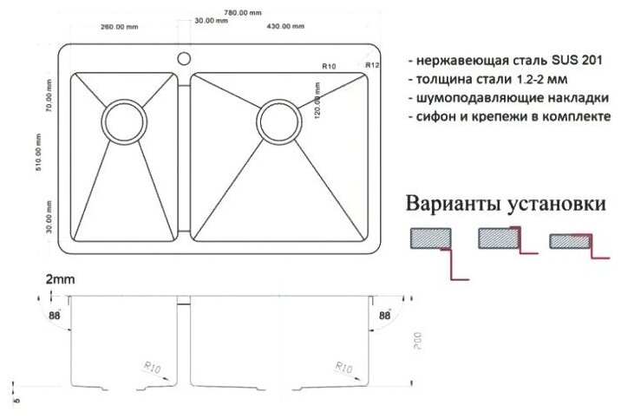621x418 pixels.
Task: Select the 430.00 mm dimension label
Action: click(284, 26)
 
